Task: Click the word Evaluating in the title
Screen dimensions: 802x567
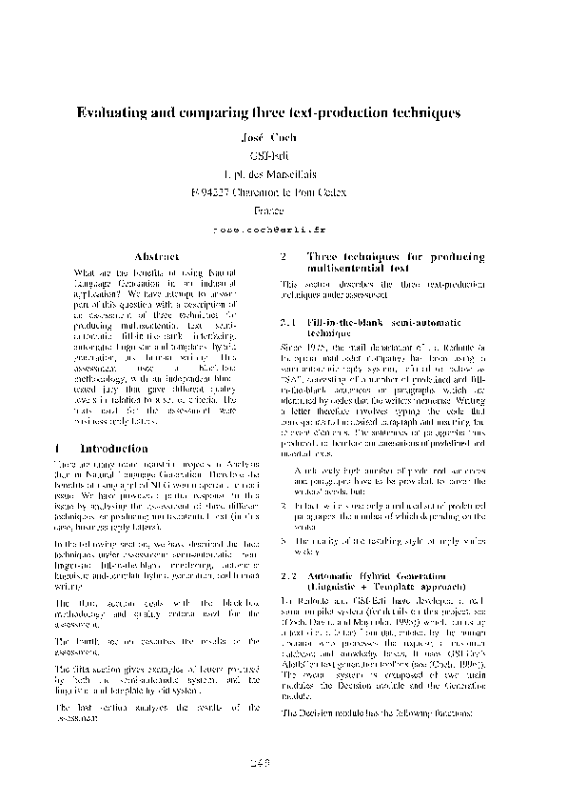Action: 111,112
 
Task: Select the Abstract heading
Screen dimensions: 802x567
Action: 156,257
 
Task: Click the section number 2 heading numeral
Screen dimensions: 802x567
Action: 284,257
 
